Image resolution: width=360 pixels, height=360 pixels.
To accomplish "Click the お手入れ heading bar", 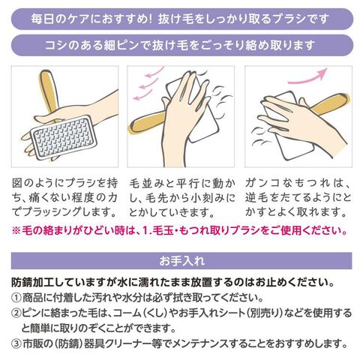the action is [181, 261].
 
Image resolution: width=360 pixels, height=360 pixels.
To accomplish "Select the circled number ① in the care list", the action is [16, 298].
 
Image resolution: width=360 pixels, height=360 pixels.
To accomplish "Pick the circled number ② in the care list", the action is [16, 313].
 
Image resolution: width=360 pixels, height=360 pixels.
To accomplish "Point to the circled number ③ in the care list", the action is [16, 344].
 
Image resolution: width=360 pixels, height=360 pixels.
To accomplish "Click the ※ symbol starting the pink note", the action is [16, 230].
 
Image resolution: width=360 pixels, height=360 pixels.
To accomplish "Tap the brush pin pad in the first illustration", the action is [64, 137].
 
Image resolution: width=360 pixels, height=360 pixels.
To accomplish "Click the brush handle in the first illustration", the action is [49, 93].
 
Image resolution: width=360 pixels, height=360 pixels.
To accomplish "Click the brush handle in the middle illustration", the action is [146, 123].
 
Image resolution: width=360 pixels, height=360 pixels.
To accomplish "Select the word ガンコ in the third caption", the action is [262, 183].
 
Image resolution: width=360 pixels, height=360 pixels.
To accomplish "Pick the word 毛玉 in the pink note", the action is [163, 230].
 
